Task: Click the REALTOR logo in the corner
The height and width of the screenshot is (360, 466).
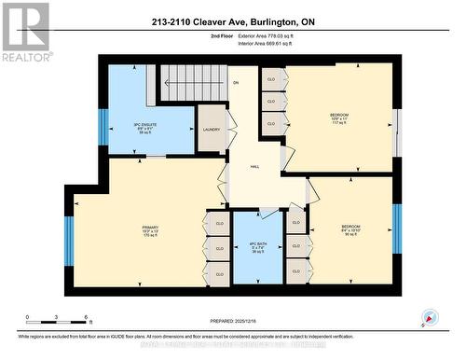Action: click(x=25, y=33)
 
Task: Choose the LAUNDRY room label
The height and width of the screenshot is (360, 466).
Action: click(x=209, y=130)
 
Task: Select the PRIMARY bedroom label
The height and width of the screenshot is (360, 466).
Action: click(x=150, y=230)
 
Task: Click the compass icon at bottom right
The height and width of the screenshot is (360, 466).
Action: click(x=429, y=317)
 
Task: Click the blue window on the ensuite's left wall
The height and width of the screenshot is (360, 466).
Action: click(x=104, y=128)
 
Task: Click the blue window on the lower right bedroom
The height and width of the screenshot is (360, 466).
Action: click(x=396, y=229)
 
